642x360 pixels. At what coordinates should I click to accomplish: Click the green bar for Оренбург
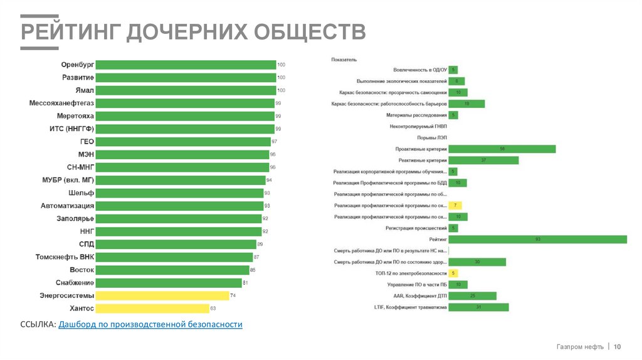[x=186, y=65]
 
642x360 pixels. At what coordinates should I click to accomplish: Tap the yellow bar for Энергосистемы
[x=163, y=295]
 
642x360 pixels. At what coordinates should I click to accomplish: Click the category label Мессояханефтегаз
[x=61, y=103]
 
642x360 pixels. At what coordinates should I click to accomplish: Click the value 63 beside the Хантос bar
[x=213, y=309]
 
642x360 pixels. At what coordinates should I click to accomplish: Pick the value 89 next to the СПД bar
[x=260, y=244]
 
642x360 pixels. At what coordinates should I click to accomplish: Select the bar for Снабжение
[x=169, y=283]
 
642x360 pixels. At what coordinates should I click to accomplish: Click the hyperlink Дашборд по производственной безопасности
[x=150, y=324]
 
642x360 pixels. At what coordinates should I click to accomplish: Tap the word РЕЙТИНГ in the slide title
[x=70, y=31]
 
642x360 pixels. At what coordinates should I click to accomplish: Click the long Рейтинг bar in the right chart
[x=538, y=240]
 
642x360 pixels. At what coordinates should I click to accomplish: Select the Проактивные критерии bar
[x=502, y=149]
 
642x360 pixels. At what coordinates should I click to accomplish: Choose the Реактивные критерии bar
[x=483, y=161]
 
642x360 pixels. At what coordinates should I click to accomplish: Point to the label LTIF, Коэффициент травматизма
[x=410, y=307]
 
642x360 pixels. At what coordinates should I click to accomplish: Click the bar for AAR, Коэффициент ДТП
[x=473, y=296]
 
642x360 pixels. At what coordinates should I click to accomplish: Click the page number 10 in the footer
[x=617, y=347]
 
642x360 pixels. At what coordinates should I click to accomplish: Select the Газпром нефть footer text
[x=579, y=347]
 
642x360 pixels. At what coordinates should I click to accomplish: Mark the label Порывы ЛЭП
[x=432, y=137]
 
